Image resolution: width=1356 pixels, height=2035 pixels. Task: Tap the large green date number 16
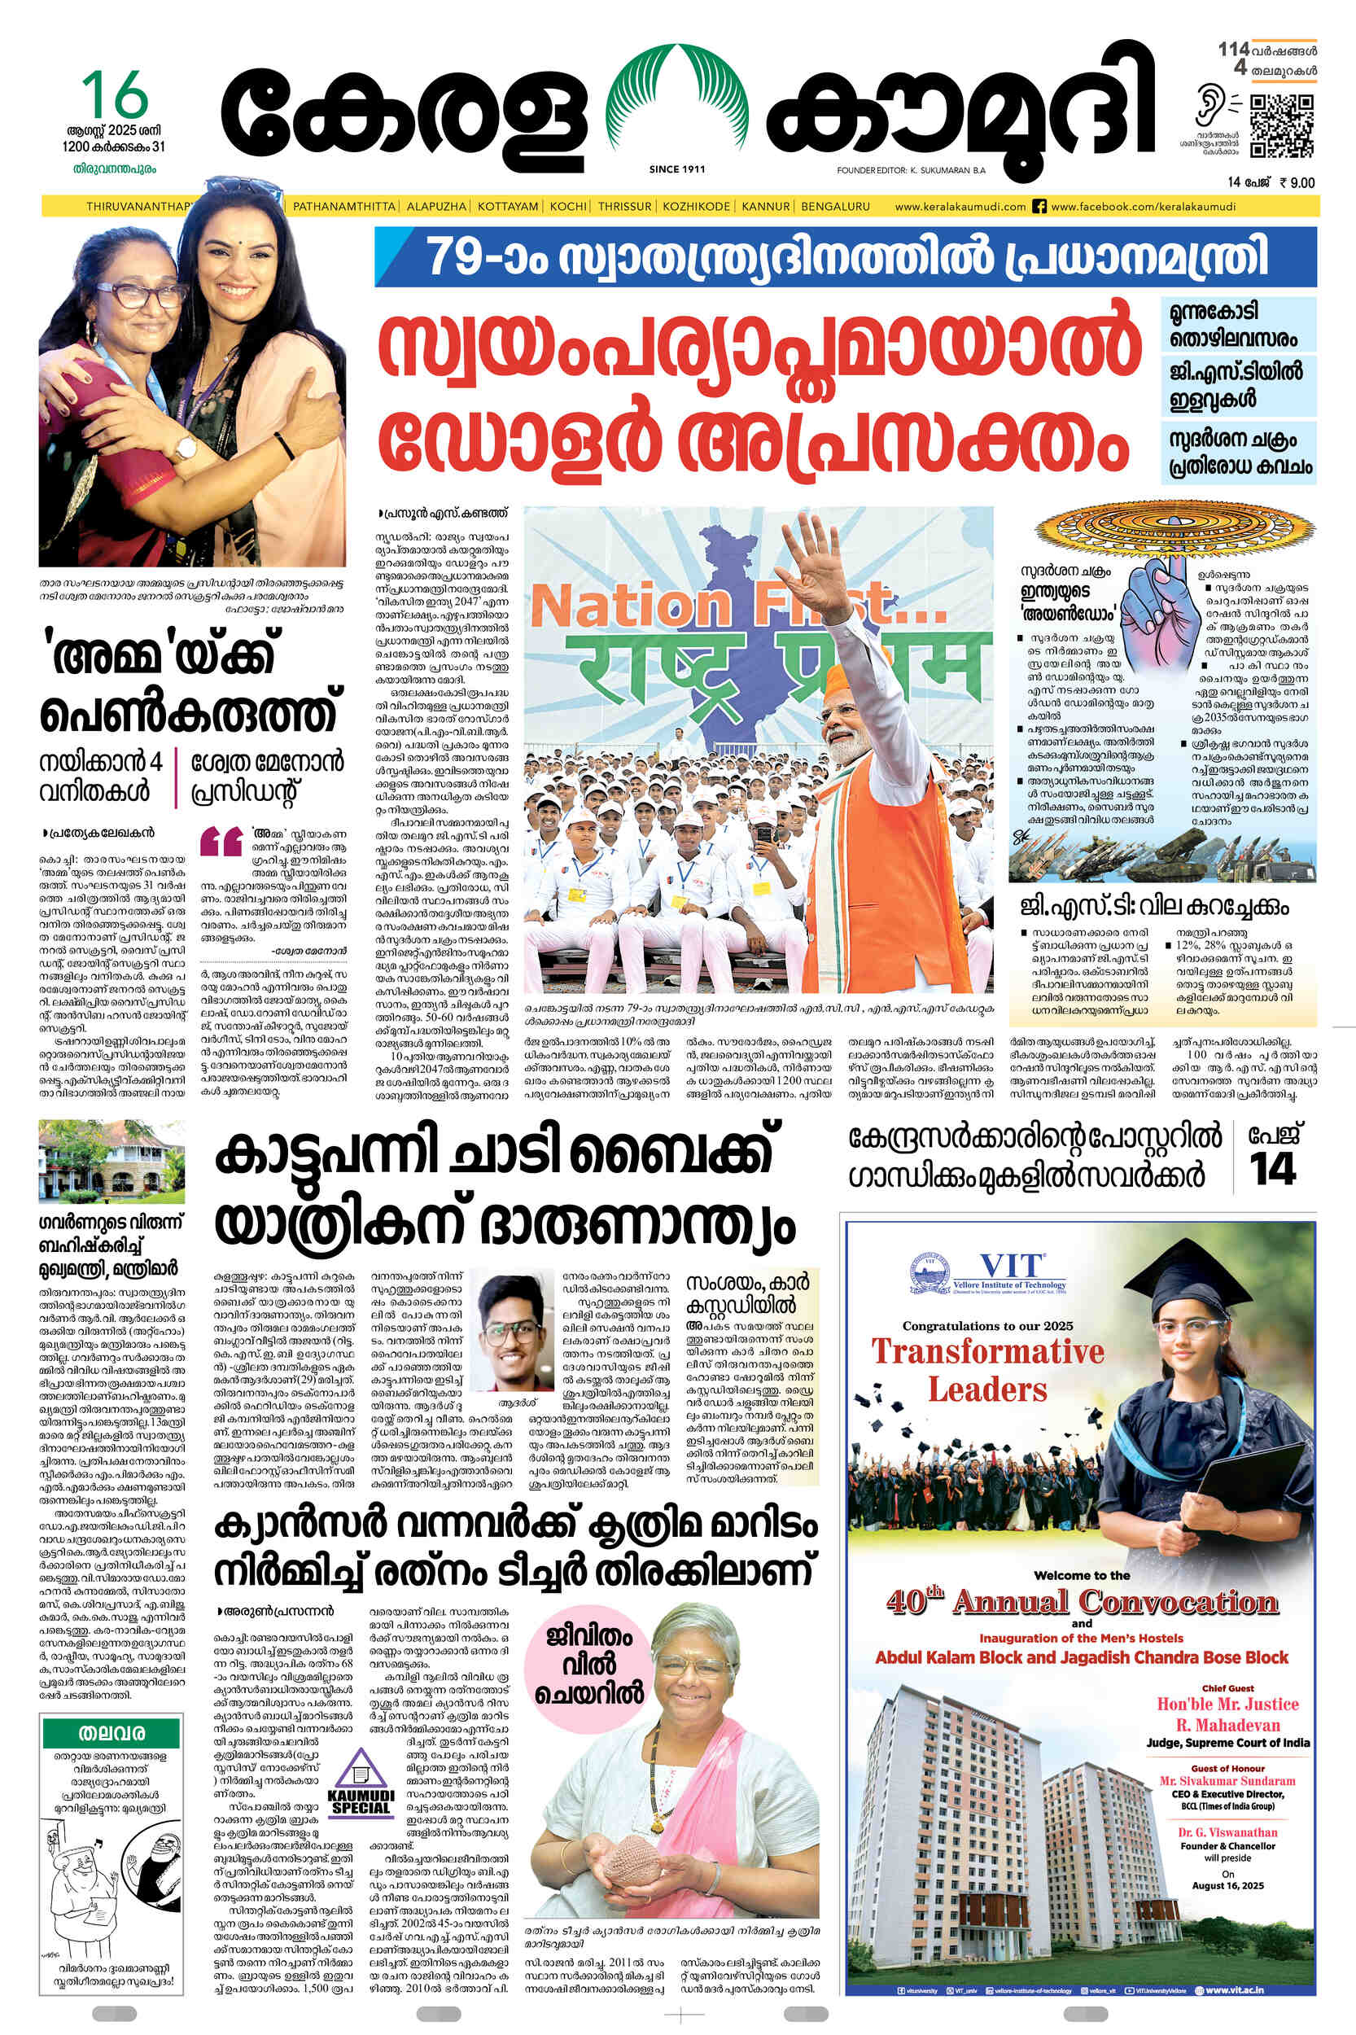click(114, 97)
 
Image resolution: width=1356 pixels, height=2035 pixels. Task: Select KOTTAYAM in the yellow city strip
click(508, 207)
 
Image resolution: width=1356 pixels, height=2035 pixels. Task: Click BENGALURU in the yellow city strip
click(835, 207)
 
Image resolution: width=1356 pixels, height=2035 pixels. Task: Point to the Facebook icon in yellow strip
click(1039, 207)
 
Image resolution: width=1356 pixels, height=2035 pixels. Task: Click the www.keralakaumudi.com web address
click(960, 207)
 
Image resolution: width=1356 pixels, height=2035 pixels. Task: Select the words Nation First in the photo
click(726, 606)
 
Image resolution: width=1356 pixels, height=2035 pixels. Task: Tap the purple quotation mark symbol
click(221, 841)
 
